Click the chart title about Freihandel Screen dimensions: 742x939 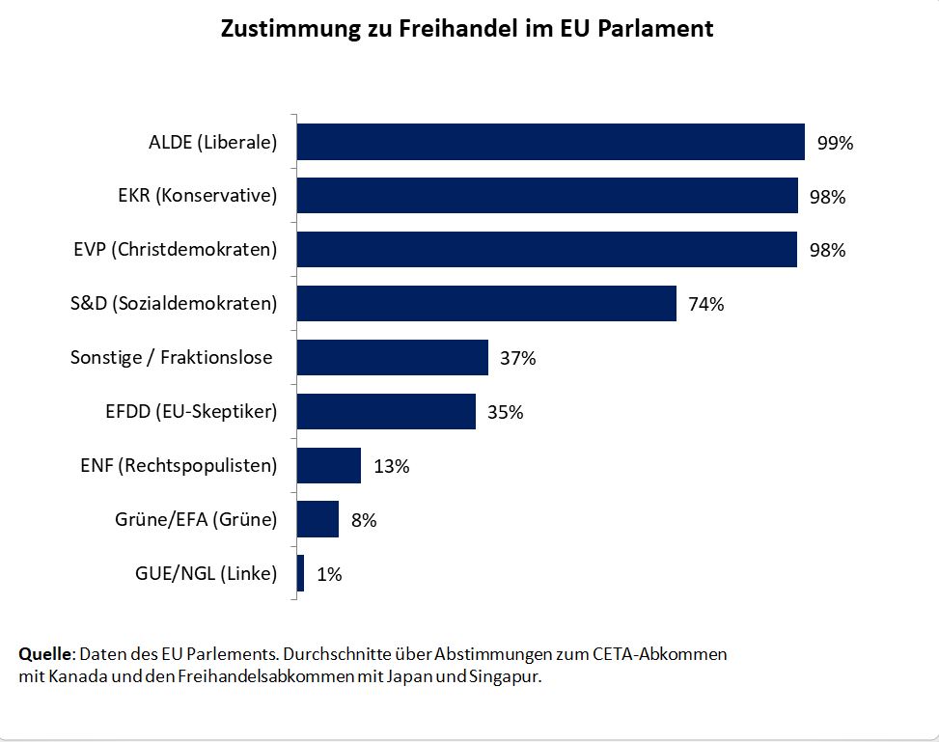[468, 28]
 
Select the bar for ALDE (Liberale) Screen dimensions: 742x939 [550, 142]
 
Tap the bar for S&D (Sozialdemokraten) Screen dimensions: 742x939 [486, 304]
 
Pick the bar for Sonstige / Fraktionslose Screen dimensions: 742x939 [392, 358]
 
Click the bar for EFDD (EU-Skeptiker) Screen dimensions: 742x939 [386, 412]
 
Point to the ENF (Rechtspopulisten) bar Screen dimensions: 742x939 [328, 466]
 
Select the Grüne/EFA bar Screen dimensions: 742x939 [318, 519]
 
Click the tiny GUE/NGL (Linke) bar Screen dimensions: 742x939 [301, 573]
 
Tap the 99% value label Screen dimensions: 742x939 [835, 144]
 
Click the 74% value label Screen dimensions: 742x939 [705, 305]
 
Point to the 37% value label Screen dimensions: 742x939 [517, 359]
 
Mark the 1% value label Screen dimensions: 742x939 [329, 574]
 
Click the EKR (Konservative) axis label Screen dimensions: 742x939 [190, 197]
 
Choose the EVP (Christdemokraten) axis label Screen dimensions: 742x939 [175, 250]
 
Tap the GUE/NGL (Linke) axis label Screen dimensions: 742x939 [206, 574]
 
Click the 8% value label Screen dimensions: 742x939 [364, 520]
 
